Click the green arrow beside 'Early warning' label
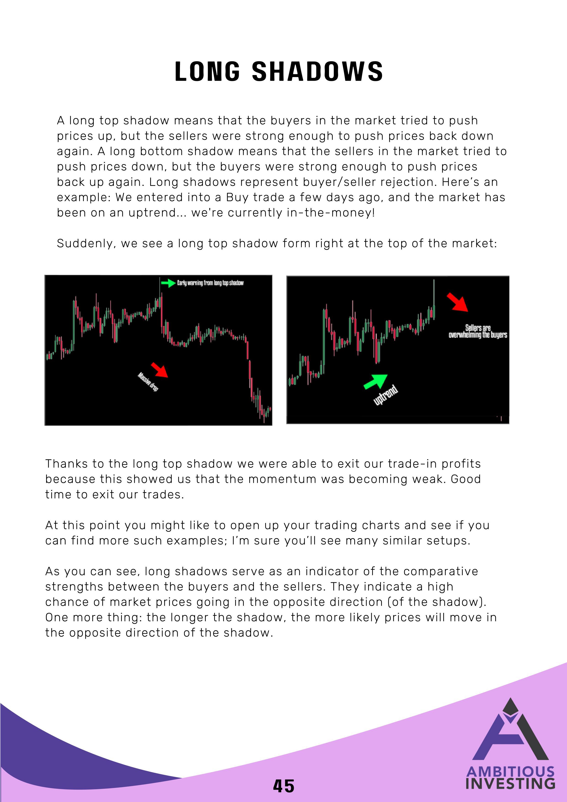click(168, 283)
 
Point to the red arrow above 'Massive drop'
click(159, 369)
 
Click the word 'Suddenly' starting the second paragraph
click(86, 243)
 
